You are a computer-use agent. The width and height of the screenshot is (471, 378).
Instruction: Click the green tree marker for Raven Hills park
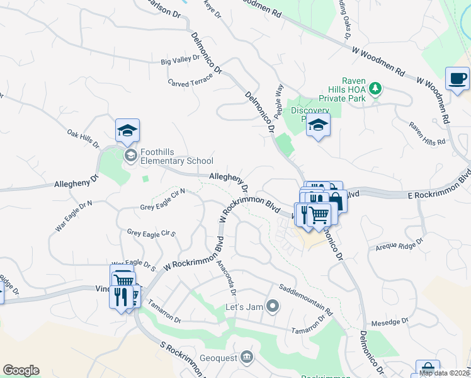coord(376,88)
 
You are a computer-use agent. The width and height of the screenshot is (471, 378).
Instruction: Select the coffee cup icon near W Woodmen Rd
coord(457,78)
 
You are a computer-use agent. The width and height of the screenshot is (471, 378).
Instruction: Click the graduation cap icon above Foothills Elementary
coord(128,130)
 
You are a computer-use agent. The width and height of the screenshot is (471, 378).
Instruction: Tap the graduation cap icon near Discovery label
coord(319,125)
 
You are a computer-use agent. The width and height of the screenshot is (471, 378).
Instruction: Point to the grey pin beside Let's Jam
coord(273,307)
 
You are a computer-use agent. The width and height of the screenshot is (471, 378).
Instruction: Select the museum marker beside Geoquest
coord(247,357)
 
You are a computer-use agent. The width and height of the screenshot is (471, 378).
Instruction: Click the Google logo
coord(21,370)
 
